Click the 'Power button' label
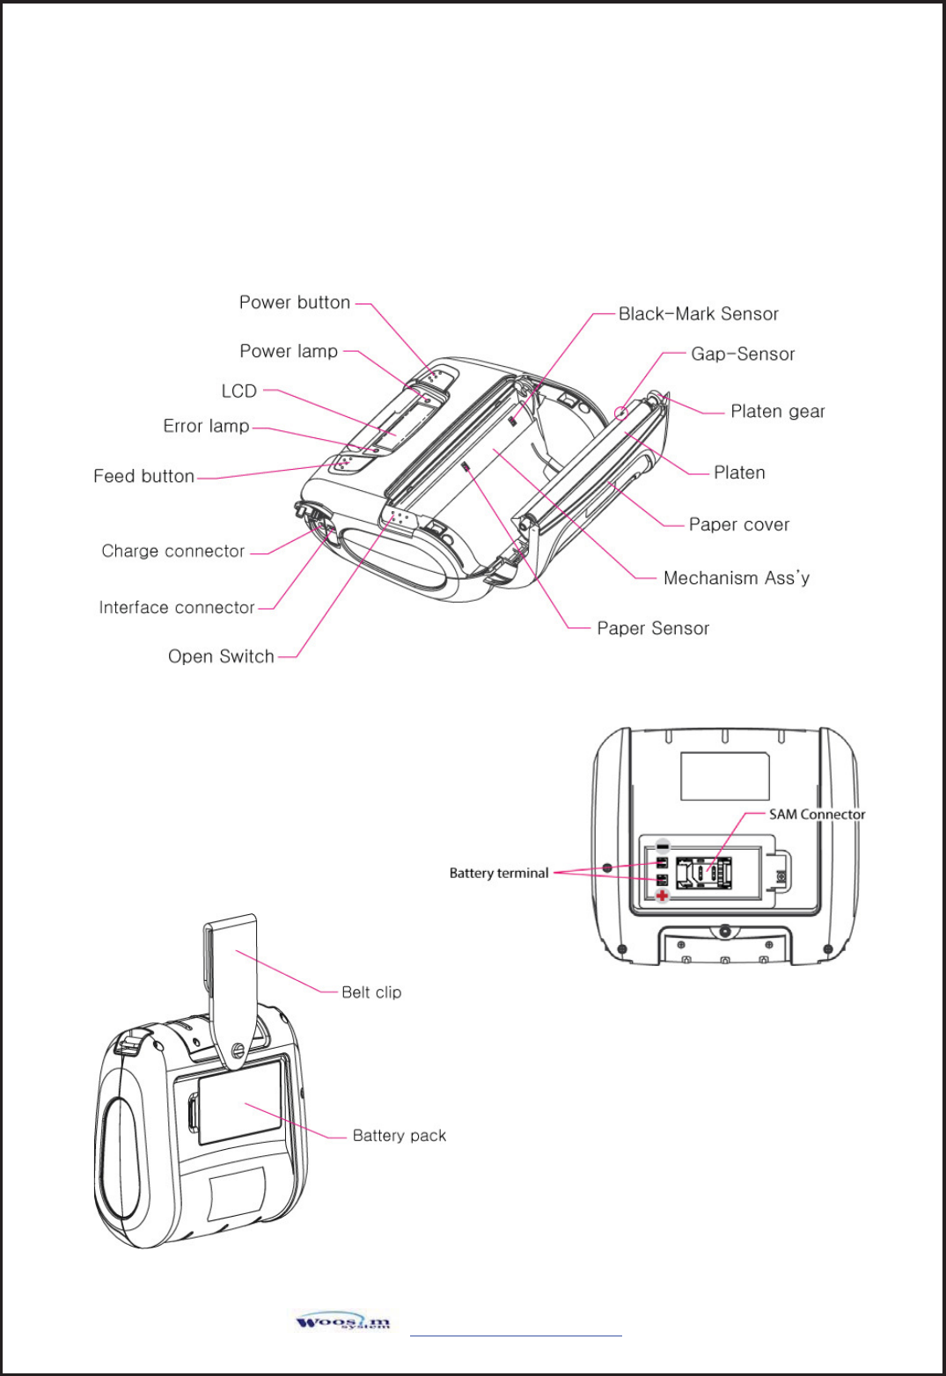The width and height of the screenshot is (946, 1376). (x=295, y=303)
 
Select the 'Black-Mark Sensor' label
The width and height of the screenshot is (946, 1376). (x=698, y=314)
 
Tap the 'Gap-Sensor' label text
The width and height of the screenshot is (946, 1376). (x=743, y=354)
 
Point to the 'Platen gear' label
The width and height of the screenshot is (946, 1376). (x=778, y=411)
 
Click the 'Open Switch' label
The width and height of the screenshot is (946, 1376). (x=221, y=656)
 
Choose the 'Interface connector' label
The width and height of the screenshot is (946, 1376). (x=176, y=607)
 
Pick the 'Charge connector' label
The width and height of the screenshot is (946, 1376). (x=172, y=551)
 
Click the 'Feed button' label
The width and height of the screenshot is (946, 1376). (x=143, y=476)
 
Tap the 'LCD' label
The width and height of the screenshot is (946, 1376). (x=238, y=391)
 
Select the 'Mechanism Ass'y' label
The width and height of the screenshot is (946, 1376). (x=737, y=578)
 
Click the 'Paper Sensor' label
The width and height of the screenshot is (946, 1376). (x=653, y=628)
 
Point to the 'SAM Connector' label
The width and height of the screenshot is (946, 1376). (x=817, y=814)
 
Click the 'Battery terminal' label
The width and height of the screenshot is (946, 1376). (x=498, y=873)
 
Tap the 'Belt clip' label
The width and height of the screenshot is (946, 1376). (x=371, y=992)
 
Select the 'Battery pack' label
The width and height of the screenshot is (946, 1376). (x=399, y=1136)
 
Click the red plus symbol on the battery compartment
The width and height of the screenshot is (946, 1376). (x=662, y=896)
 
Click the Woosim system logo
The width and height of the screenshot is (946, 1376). (x=343, y=1322)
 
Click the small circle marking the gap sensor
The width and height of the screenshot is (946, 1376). (x=620, y=411)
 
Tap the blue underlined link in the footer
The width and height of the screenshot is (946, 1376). (x=516, y=1335)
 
